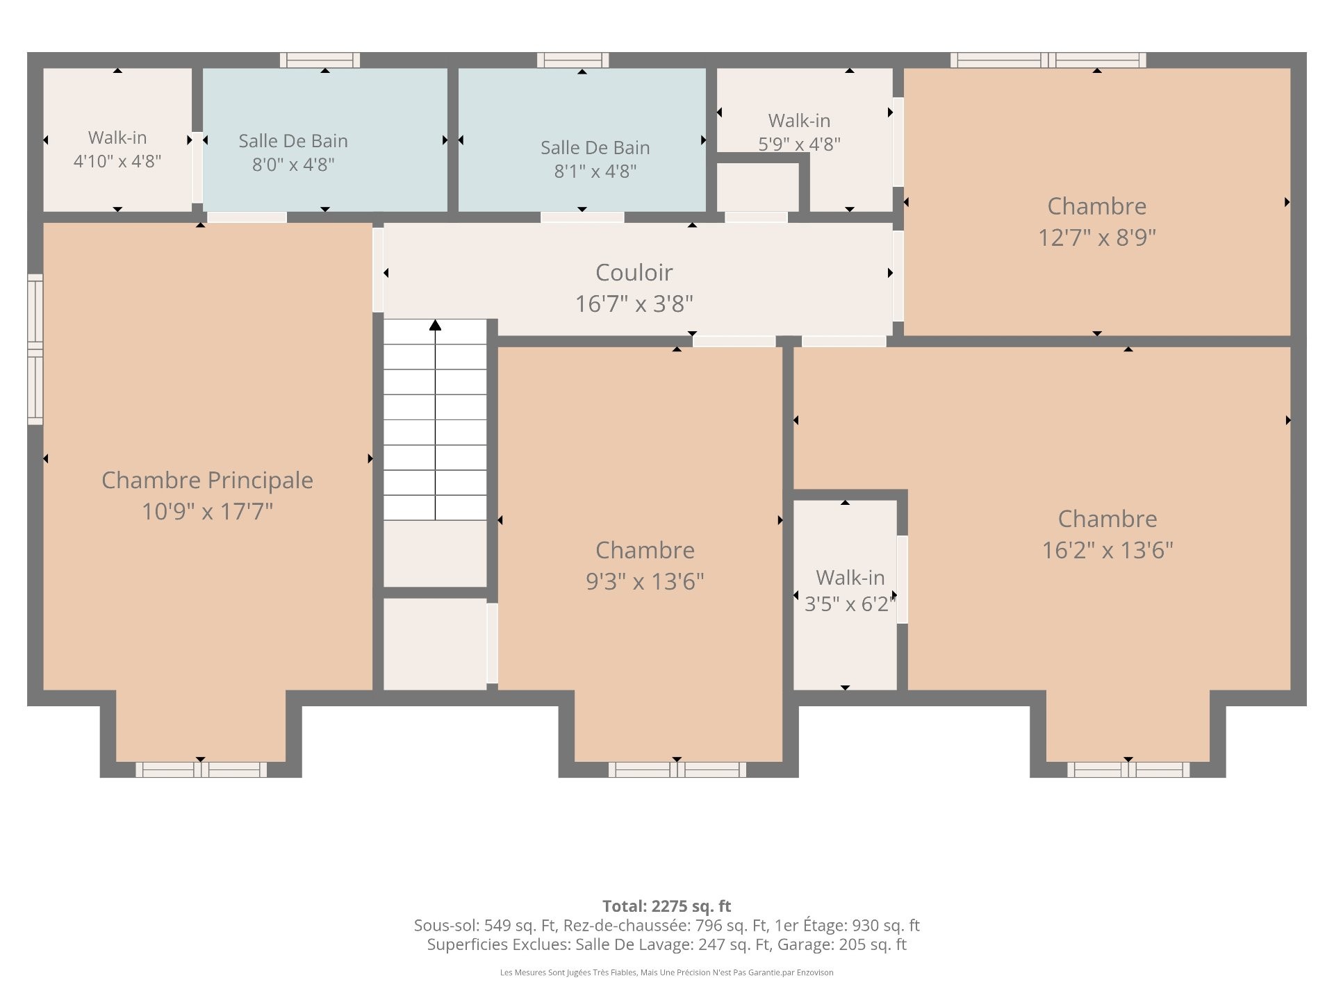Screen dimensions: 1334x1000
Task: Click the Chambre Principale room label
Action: [207, 480]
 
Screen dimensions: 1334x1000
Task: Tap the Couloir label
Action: [634, 272]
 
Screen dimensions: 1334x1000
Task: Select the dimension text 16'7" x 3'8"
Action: [634, 303]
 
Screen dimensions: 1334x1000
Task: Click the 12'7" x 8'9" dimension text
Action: [1096, 237]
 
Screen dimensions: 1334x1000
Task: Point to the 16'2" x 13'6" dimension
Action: [1107, 550]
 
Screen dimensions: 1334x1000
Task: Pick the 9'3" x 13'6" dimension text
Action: [645, 581]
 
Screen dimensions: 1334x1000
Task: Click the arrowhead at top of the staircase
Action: [435, 325]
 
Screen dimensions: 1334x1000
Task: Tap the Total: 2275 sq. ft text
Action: [666, 906]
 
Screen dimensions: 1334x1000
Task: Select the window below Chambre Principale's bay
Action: [201, 769]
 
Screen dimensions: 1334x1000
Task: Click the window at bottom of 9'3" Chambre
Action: [677, 769]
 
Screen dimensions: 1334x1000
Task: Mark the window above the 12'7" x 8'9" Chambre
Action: [1048, 60]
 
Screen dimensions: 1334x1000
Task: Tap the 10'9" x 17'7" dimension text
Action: [207, 512]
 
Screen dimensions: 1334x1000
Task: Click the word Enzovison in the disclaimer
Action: [817, 972]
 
